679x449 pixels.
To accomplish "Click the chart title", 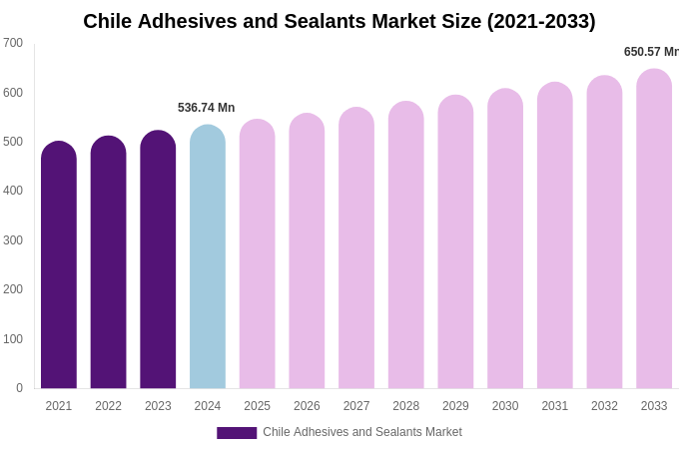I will (x=339, y=21).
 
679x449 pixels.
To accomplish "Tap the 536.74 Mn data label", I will (x=206, y=108).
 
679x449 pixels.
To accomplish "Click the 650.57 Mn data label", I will (x=651, y=52).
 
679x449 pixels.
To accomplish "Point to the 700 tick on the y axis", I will (x=13, y=43).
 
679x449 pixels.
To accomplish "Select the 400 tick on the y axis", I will (x=13, y=191).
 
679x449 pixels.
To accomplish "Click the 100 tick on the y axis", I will (x=13, y=339).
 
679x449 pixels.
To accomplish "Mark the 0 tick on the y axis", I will (x=19, y=388).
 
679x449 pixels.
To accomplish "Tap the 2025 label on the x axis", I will (x=257, y=406).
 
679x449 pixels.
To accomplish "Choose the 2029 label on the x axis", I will (x=455, y=406).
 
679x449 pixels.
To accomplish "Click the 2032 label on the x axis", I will (x=604, y=406).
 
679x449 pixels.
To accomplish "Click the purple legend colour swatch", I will (x=237, y=433).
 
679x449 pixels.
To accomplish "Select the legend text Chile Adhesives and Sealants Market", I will (x=362, y=432).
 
